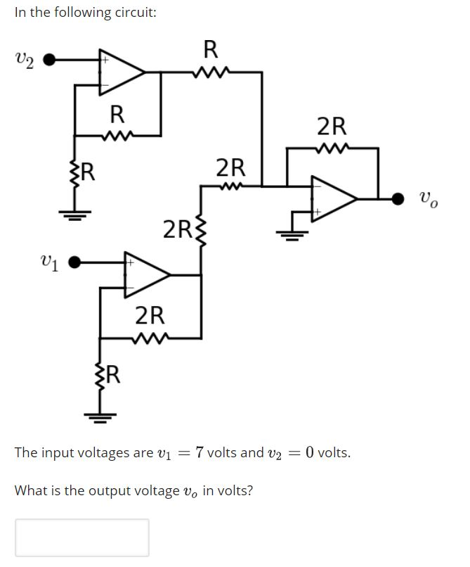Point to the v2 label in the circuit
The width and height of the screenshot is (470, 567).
(24, 61)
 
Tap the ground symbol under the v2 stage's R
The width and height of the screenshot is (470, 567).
(74, 215)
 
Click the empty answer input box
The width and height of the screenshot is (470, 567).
(82, 537)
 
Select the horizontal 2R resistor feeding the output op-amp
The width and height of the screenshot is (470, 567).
(231, 186)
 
